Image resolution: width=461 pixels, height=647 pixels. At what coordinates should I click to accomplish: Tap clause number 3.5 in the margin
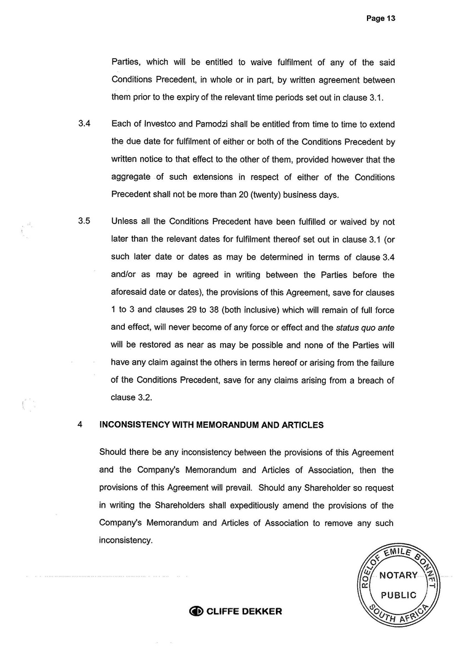[85, 222]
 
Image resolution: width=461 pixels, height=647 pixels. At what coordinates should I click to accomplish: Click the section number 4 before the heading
[81, 424]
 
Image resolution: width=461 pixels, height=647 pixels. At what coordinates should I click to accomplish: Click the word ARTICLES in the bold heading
[302, 424]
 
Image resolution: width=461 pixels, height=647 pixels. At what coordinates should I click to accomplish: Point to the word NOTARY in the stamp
[398, 575]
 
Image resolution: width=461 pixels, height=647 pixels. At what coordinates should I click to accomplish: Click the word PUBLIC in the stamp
[398, 595]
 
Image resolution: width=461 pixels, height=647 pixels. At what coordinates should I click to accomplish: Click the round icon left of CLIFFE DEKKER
[197, 611]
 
